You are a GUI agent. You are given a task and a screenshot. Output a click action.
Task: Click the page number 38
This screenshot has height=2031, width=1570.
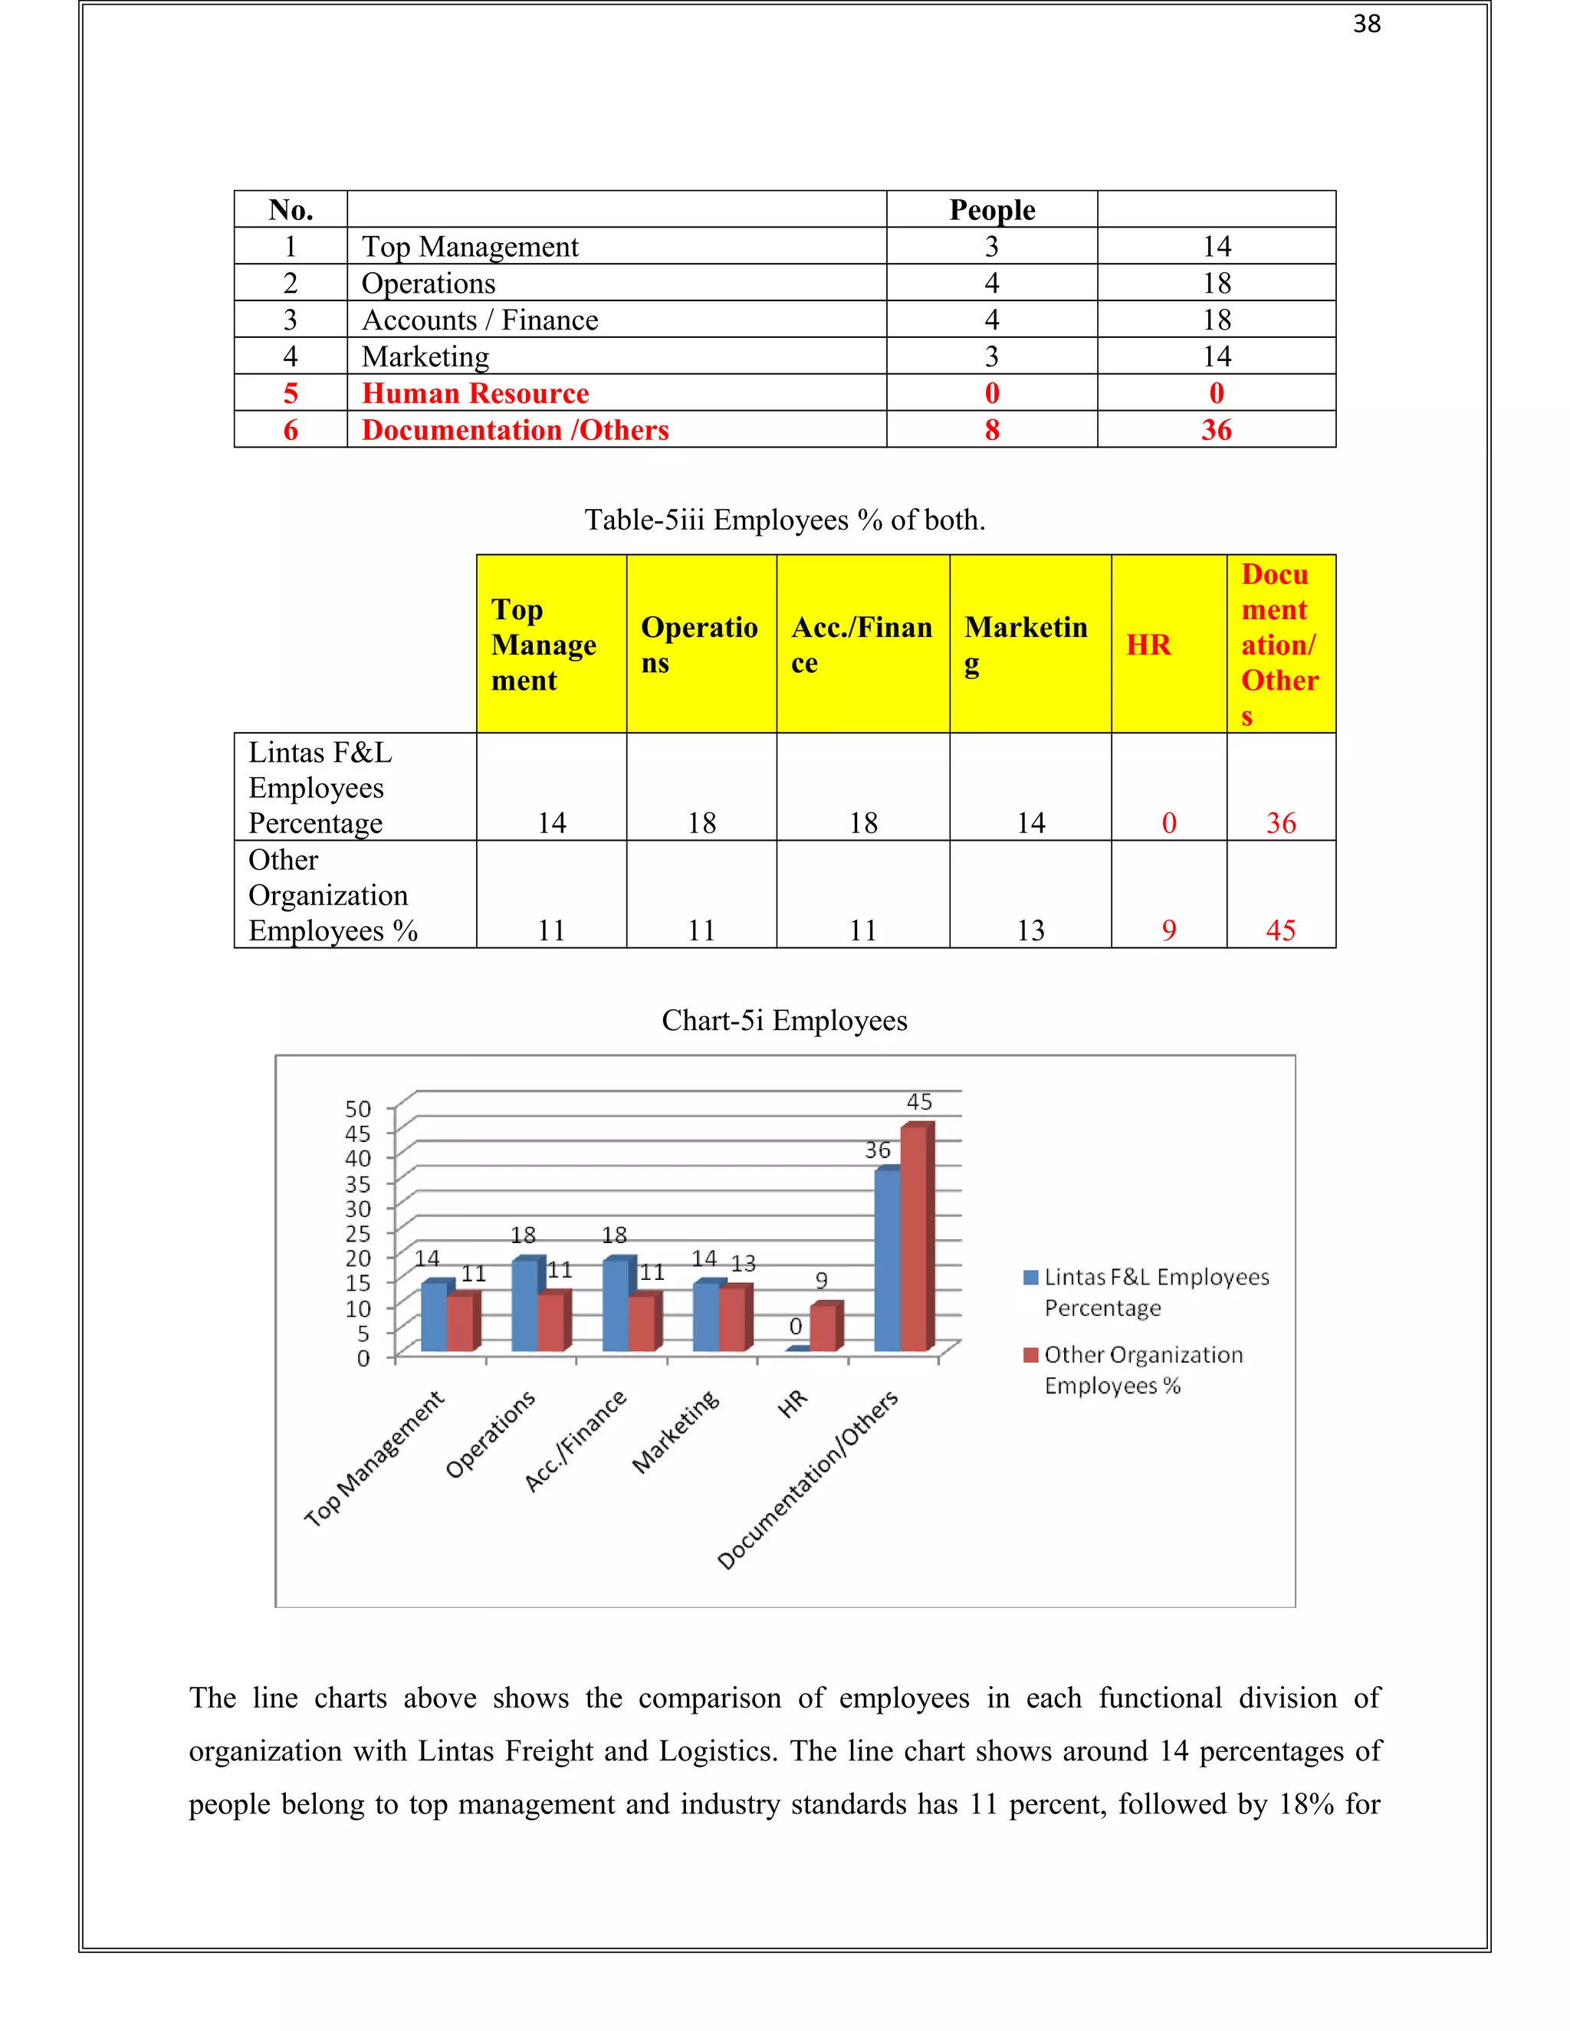tap(1366, 25)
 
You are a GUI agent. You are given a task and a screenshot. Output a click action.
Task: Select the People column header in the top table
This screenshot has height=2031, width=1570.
tap(991, 210)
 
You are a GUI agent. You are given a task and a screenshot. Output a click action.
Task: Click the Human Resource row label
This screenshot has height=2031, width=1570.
tap(475, 393)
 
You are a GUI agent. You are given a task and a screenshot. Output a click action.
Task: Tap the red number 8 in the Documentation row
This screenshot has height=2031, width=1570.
tap(991, 430)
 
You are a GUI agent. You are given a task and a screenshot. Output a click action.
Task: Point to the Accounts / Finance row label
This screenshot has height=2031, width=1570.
tap(479, 320)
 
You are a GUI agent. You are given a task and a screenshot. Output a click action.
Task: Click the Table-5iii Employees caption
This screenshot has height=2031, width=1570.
tap(784, 520)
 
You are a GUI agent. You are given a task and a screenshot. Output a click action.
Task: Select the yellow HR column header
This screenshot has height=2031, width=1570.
tap(1148, 645)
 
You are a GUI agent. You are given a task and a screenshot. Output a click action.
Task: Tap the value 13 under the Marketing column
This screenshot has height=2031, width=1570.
tap(1030, 930)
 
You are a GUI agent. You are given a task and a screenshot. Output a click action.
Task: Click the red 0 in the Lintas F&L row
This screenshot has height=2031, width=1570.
tap(1168, 823)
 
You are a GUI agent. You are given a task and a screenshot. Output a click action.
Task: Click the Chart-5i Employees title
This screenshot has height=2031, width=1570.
tap(784, 1020)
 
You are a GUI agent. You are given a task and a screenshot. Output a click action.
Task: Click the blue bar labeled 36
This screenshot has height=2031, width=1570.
tap(886, 1260)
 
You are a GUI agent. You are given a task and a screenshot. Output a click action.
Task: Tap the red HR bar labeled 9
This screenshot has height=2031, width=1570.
tap(823, 1328)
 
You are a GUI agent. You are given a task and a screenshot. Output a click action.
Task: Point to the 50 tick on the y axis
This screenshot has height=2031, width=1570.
tap(358, 1108)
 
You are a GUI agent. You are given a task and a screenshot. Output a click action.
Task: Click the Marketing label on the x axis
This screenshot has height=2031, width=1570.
tap(676, 1432)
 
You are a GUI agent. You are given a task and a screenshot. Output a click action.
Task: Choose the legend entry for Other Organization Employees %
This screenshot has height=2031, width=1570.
tap(1142, 1369)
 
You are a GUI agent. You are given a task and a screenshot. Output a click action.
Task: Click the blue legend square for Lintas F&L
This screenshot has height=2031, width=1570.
tap(1030, 1278)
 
